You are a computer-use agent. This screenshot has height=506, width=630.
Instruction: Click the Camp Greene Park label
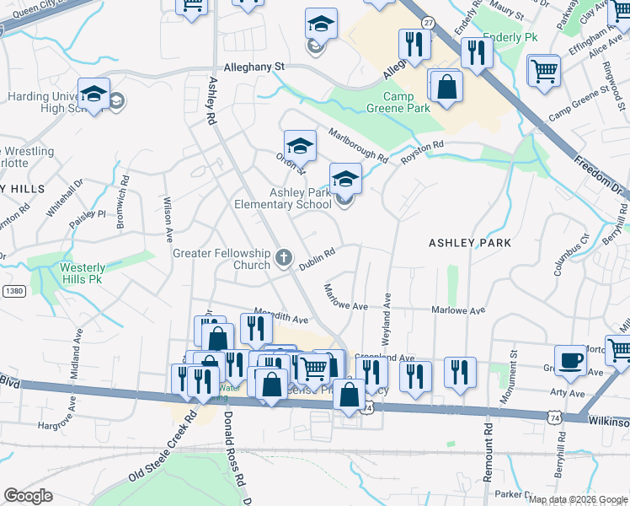point(398,102)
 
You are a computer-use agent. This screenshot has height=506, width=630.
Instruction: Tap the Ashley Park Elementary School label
point(300,198)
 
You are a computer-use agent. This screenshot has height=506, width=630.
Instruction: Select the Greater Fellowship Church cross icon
point(285,256)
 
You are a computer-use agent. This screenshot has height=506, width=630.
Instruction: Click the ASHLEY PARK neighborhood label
point(470,243)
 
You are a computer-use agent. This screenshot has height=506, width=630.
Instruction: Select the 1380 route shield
point(13,291)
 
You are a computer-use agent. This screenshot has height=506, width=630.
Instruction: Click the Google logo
point(29,496)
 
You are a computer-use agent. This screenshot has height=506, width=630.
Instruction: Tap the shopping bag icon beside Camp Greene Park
point(446,86)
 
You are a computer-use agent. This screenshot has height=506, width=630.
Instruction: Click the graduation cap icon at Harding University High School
point(94,94)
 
